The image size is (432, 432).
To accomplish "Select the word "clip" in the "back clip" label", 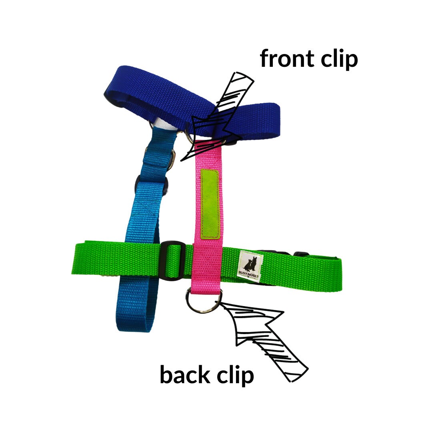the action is click(235, 375).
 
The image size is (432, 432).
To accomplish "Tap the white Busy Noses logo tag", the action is click(251, 266).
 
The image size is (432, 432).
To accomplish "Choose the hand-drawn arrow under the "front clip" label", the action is click(218, 116).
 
